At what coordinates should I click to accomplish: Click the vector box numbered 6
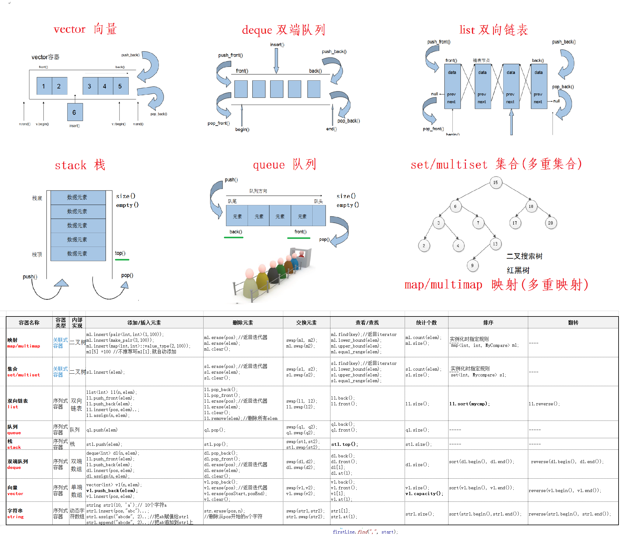[x=75, y=112]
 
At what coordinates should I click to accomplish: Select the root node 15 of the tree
[x=496, y=183]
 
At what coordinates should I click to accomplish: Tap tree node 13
[x=495, y=244]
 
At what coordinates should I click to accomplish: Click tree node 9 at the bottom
[x=472, y=266]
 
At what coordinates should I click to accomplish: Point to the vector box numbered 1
[x=44, y=86]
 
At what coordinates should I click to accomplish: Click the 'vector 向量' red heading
[x=85, y=29]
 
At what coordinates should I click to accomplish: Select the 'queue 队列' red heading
[x=284, y=165]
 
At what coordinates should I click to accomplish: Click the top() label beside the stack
[x=120, y=253]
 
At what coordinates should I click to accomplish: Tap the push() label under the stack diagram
[x=30, y=277]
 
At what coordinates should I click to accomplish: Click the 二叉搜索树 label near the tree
[x=524, y=256]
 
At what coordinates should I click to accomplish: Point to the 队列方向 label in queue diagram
[x=258, y=191]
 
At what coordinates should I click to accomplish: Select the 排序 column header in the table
[x=488, y=323]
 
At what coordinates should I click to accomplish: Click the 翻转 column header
[x=573, y=323]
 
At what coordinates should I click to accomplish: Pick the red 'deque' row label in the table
[x=14, y=467]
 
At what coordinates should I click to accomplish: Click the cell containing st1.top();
[x=344, y=444]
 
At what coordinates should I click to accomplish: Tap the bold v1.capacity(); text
[x=424, y=494]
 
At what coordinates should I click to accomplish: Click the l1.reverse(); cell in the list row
[x=544, y=404]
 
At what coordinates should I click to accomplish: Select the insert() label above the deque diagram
[x=277, y=45]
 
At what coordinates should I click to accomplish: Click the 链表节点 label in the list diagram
[x=481, y=60]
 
